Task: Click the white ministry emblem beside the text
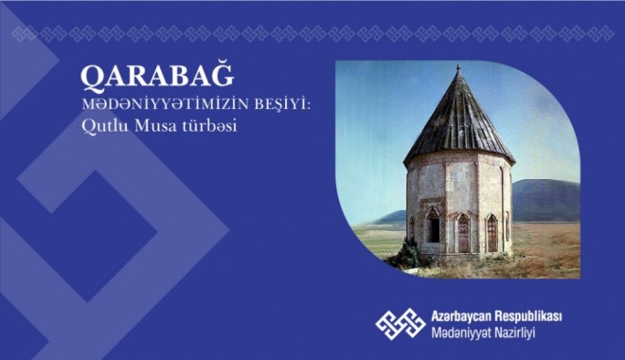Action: tap(399, 323)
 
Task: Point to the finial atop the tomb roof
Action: tap(458, 70)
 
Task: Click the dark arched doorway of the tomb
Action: tap(433, 227)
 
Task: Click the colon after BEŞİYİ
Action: tap(257, 106)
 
